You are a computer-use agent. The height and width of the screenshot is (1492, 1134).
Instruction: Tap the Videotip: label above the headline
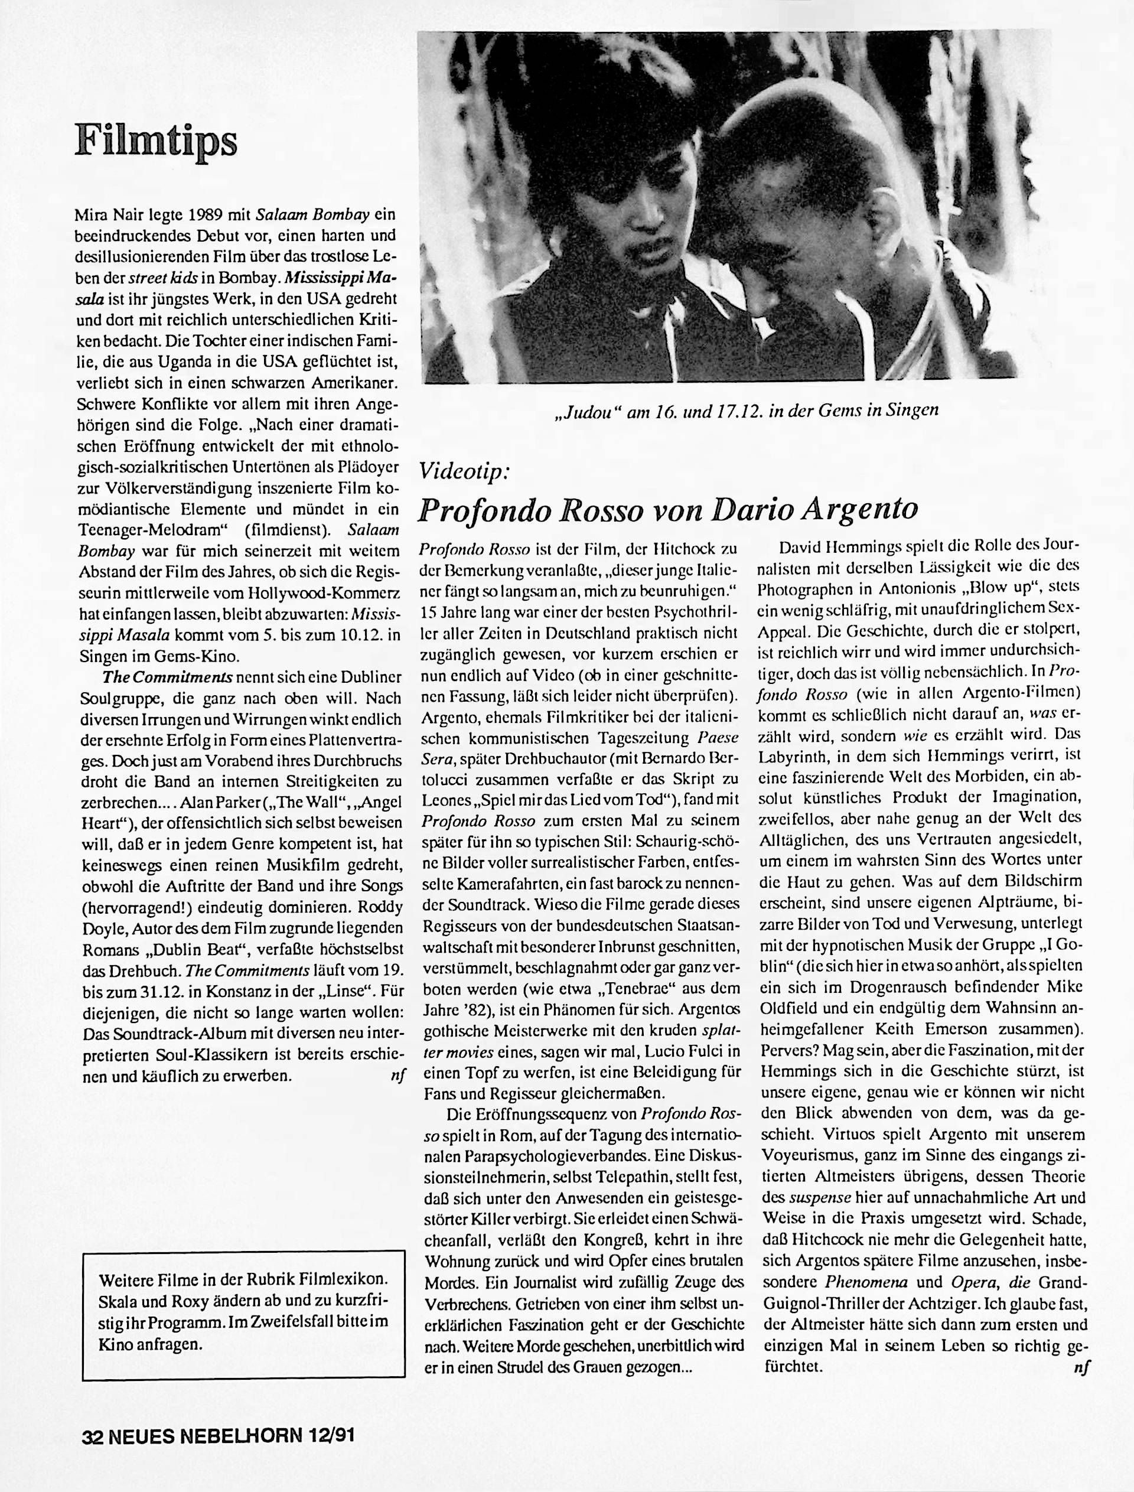(x=464, y=471)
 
